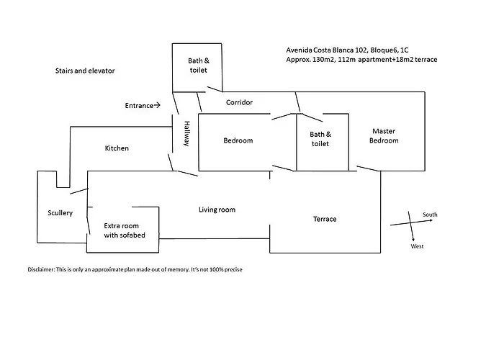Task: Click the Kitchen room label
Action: coord(117,148)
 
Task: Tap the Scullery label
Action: coord(60,213)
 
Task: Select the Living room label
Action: coord(217,210)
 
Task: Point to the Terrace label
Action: coord(325,219)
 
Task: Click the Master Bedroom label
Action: coord(384,135)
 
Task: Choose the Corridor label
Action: coord(239,102)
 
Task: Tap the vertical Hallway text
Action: coord(186,133)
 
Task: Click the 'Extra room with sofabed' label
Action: coord(125,230)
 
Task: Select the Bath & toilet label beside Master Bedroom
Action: coord(320,139)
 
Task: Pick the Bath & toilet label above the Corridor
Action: coord(198,66)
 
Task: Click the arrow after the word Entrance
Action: coord(157,105)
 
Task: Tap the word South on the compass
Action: coord(430,215)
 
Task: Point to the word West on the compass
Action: coord(417,246)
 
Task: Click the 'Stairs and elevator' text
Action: coord(85,71)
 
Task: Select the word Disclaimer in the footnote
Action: coord(42,269)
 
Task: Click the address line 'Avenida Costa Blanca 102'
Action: coord(327,50)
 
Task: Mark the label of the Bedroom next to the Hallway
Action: coord(238,140)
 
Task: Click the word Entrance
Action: coord(139,105)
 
